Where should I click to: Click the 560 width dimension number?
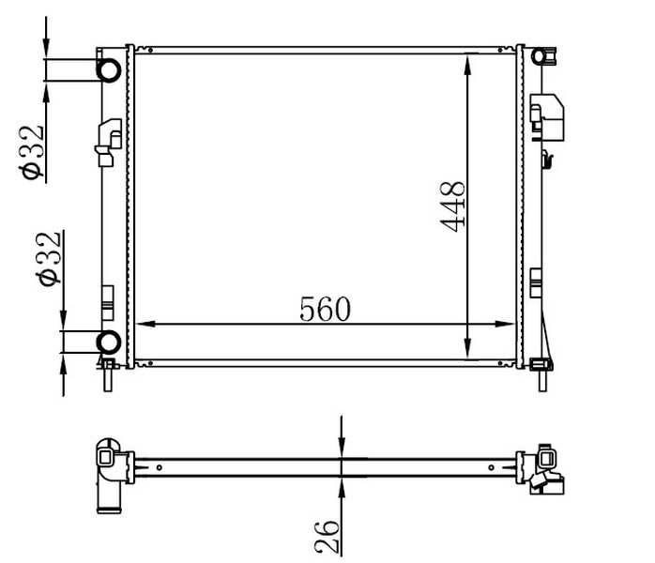pyautogui.click(x=325, y=309)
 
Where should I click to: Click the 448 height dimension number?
pyautogui.click(x=453, y=206)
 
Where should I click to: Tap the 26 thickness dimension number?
pyautogui.click(x=327, y=537)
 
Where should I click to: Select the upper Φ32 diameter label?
pyautogui.click(x=33, y=152)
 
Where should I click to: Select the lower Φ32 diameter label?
pyautogui.click(x=50, y=259)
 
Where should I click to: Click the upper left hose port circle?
pyautogui.click(x=109, y=69)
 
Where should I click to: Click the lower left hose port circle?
pyautogui.click(x=109, y=342)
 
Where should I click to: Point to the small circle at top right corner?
pyautogui.click(x=539, y=56)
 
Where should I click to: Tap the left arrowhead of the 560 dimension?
pyautogui.click(x=145, y=324)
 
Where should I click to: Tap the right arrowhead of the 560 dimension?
pyautogui.click(x=505, y=324)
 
